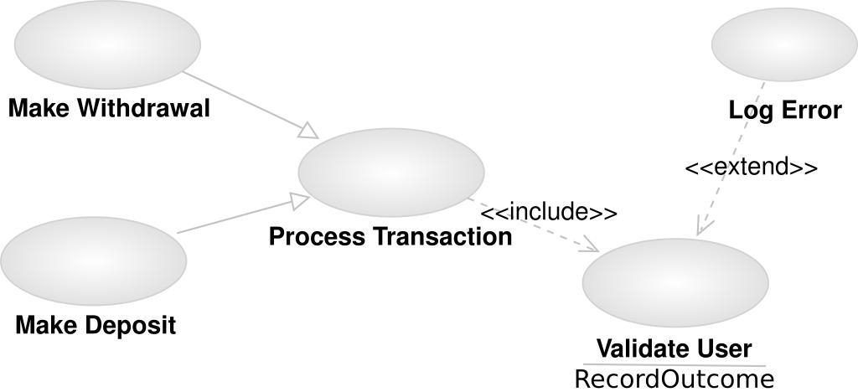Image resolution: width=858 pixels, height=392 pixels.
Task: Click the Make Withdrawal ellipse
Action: (107, 41)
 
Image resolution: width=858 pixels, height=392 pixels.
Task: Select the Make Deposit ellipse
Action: (93, 260)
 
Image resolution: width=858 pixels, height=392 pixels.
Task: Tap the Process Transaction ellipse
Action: (391, 170)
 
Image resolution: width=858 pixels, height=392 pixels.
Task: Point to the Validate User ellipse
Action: (675, 280)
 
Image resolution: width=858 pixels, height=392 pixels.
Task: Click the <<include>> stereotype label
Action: (549, 213)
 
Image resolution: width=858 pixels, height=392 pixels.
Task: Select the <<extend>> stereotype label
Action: (751, 167)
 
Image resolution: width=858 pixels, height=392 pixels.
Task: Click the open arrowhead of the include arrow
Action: (592, 247)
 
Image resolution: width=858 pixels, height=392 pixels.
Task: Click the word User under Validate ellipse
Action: (725, 348)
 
